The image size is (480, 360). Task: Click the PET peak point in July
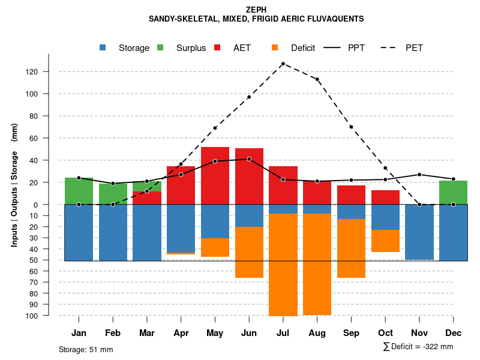point(283,64)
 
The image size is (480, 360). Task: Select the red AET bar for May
point(215,175)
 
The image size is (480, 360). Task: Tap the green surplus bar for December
point(453,193)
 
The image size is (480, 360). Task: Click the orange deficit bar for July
point(283,264)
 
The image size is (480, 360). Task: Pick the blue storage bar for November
point(419,232)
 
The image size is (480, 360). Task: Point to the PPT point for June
point(249,159)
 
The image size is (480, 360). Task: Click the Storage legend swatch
point(103,48)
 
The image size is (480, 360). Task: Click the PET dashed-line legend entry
point(402,48)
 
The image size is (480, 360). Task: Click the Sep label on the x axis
point(351,333)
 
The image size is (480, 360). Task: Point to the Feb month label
point(113,333)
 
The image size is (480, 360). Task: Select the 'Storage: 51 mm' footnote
point(86,349)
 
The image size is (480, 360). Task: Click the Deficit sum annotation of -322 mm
point(418,347)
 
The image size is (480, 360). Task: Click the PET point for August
point(317,79)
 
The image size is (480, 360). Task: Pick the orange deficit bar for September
point(351,248)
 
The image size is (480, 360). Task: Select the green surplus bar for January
point(79,191)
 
